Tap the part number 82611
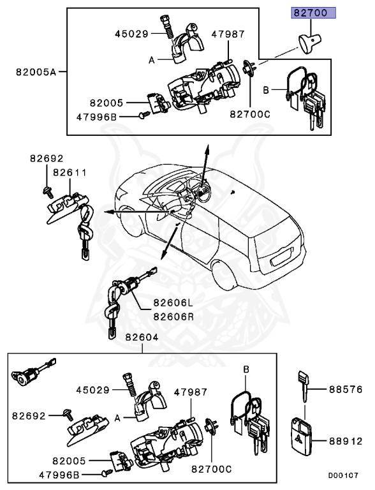(70, 172)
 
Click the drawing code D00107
(344, 475)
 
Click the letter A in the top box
(152, 60)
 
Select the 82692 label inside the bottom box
(28, 415)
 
